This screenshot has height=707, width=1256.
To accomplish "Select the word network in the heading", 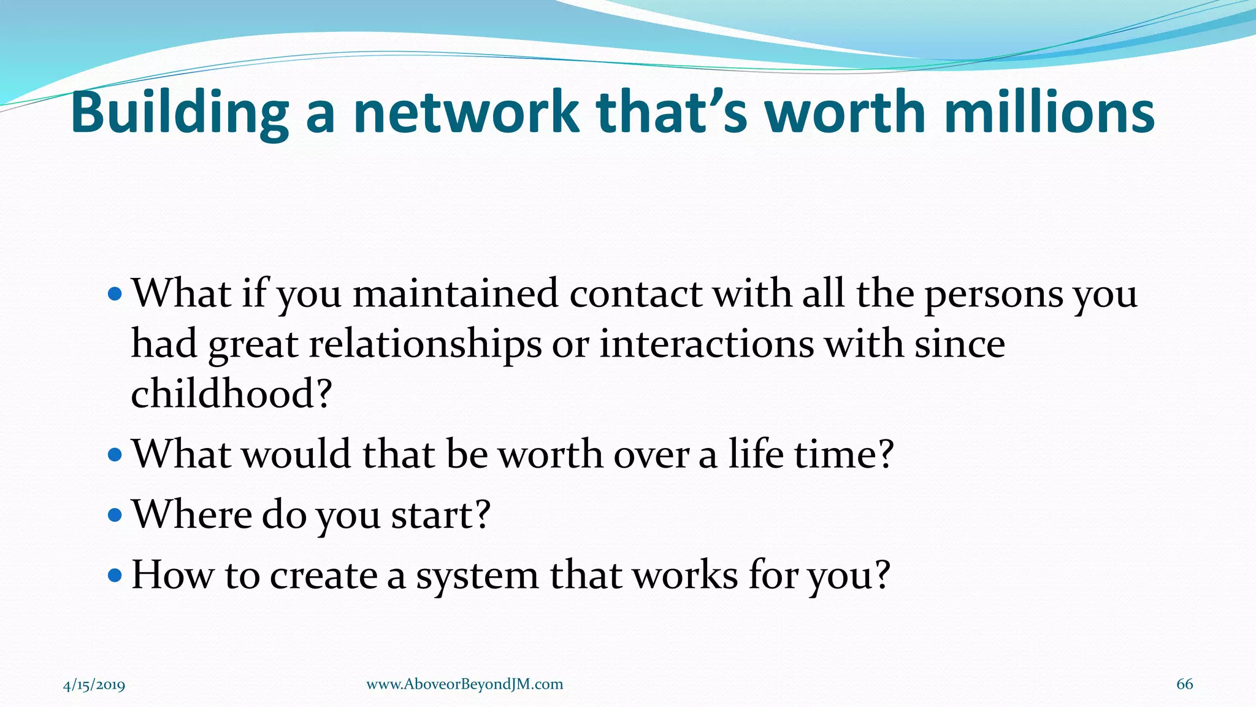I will pos(465,113).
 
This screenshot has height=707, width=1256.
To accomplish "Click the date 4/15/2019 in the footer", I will pos(94,685).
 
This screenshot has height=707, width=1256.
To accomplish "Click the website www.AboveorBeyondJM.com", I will pos(464,684).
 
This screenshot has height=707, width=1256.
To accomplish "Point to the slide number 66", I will pos(1184,684).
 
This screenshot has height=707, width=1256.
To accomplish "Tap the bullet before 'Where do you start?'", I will pos(115,514).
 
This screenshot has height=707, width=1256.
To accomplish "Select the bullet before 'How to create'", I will pos(115,576).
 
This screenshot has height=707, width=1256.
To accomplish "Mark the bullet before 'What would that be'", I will pos(115,455).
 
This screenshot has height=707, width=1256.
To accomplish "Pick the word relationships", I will pos(425,345).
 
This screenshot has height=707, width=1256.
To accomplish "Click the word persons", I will pos(993,295).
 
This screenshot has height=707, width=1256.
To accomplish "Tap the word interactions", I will pos(706,344).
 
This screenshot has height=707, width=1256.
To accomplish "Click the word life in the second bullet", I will pos(756,454).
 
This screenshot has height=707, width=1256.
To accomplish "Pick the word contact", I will pos(635,294).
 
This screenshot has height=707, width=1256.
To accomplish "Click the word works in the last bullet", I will pos(685,576).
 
